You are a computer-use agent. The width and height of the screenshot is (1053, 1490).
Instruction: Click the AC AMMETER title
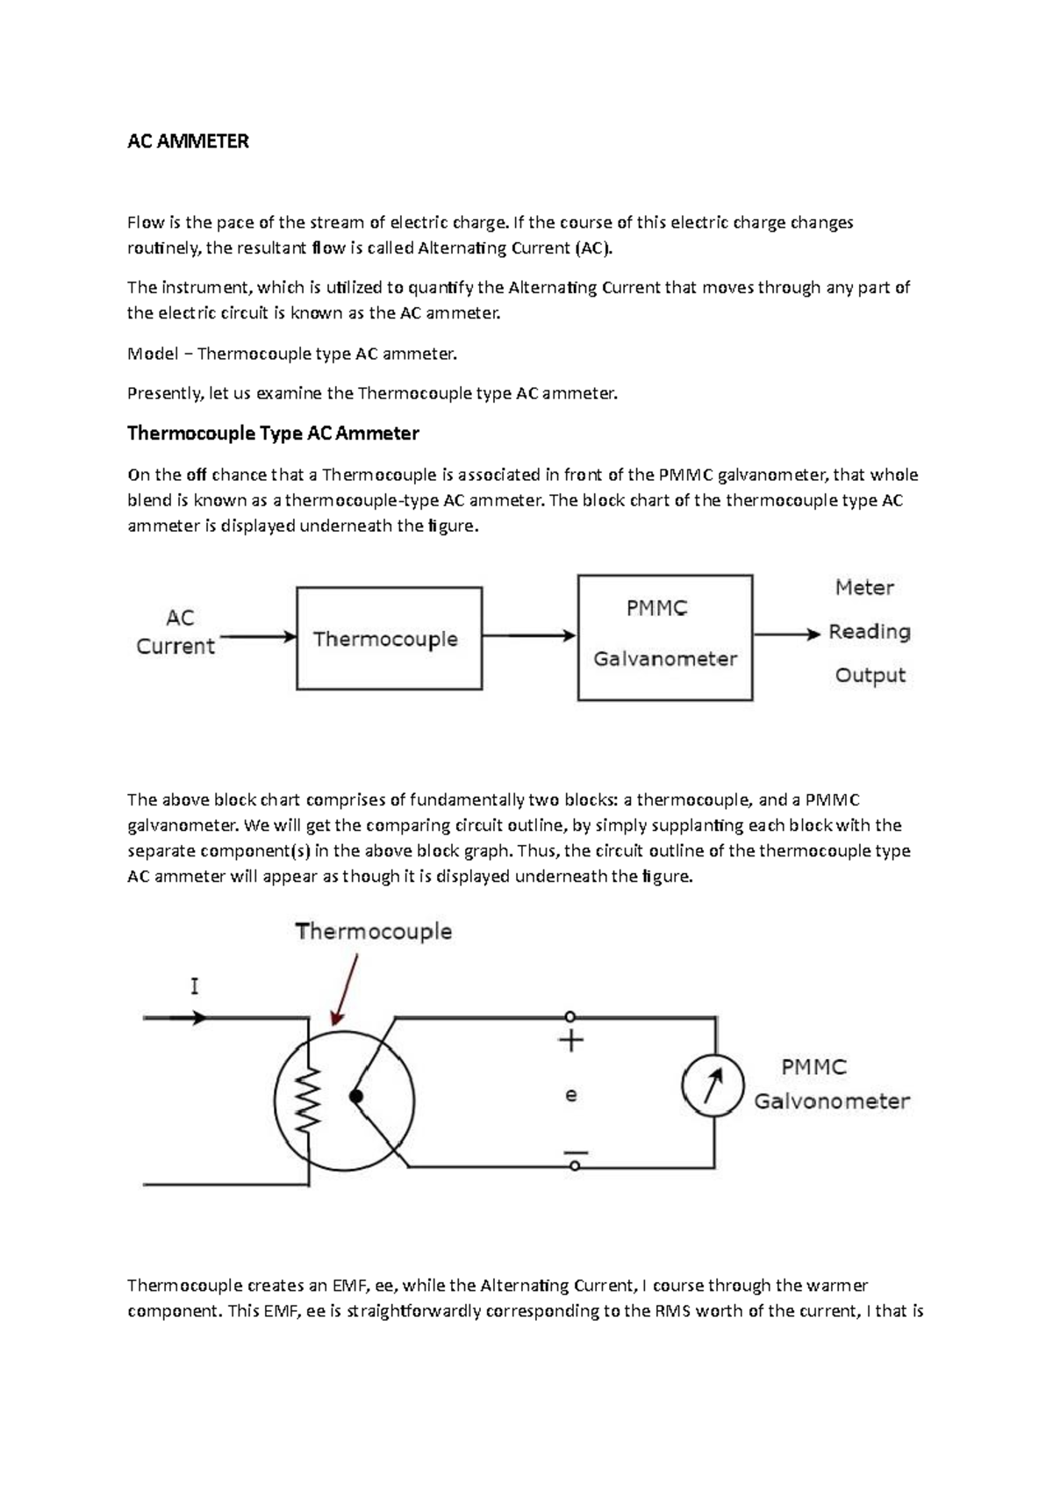click(x=188, y=141)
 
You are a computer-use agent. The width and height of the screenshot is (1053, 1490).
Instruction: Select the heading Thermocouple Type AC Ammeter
click(x=273, y=433)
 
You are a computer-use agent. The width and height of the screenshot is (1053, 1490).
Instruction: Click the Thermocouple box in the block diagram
click(x=389, y=638)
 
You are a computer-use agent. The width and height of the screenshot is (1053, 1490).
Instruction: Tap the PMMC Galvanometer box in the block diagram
click(x=664, y=636)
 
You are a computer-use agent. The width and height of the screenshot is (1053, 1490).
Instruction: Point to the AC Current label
click(x=176, y=632)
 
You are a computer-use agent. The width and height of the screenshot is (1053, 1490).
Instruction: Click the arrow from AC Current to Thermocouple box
click(x=258, y=636)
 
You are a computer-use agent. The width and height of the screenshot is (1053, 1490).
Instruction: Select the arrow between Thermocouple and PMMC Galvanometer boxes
click(x=529, y=635)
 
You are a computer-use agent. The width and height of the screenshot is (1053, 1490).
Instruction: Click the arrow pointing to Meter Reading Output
click(x=786, y=633)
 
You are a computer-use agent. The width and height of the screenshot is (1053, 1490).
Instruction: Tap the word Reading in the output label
click(x=869, y=632)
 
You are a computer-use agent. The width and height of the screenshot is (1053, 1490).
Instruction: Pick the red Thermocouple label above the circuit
click(x=374, y=931)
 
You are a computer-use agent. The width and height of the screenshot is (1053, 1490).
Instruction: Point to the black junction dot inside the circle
click(x=355, y=1096)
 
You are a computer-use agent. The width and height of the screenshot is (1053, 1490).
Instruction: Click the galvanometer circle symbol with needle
click(x=713, y=1085)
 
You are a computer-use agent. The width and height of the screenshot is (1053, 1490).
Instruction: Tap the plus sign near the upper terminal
click(x=571, y=1042)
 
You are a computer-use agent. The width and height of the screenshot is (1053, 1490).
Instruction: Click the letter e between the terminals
click(x=571, y=1095)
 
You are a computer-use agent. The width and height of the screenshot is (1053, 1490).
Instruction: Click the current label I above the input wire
click(x=194, y=986)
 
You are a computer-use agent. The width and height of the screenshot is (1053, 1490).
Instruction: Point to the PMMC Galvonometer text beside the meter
click(x=831, y=1085)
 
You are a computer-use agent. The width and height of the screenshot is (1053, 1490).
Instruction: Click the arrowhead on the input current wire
click(x=200, y=1018)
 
